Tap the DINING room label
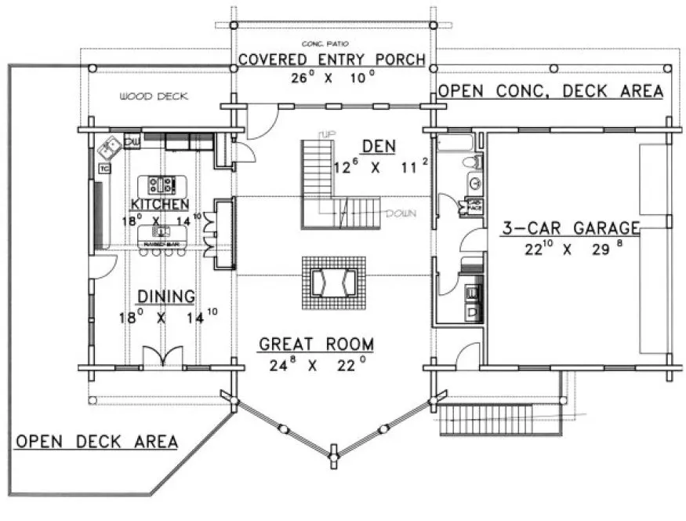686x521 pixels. (166, 296)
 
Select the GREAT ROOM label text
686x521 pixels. (317, 344)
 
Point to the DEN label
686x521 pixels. (379, 146)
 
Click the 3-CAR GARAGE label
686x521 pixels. (571, 228)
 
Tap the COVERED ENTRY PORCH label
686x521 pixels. (332, 60)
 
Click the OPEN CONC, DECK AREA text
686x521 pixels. (550, 91)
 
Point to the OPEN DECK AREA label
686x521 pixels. (96, 441)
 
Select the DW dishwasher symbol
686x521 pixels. (132, 142)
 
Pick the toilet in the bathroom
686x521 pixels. (471, 163)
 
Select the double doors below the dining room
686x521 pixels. (162, 357)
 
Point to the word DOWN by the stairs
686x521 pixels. (401, 213)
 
